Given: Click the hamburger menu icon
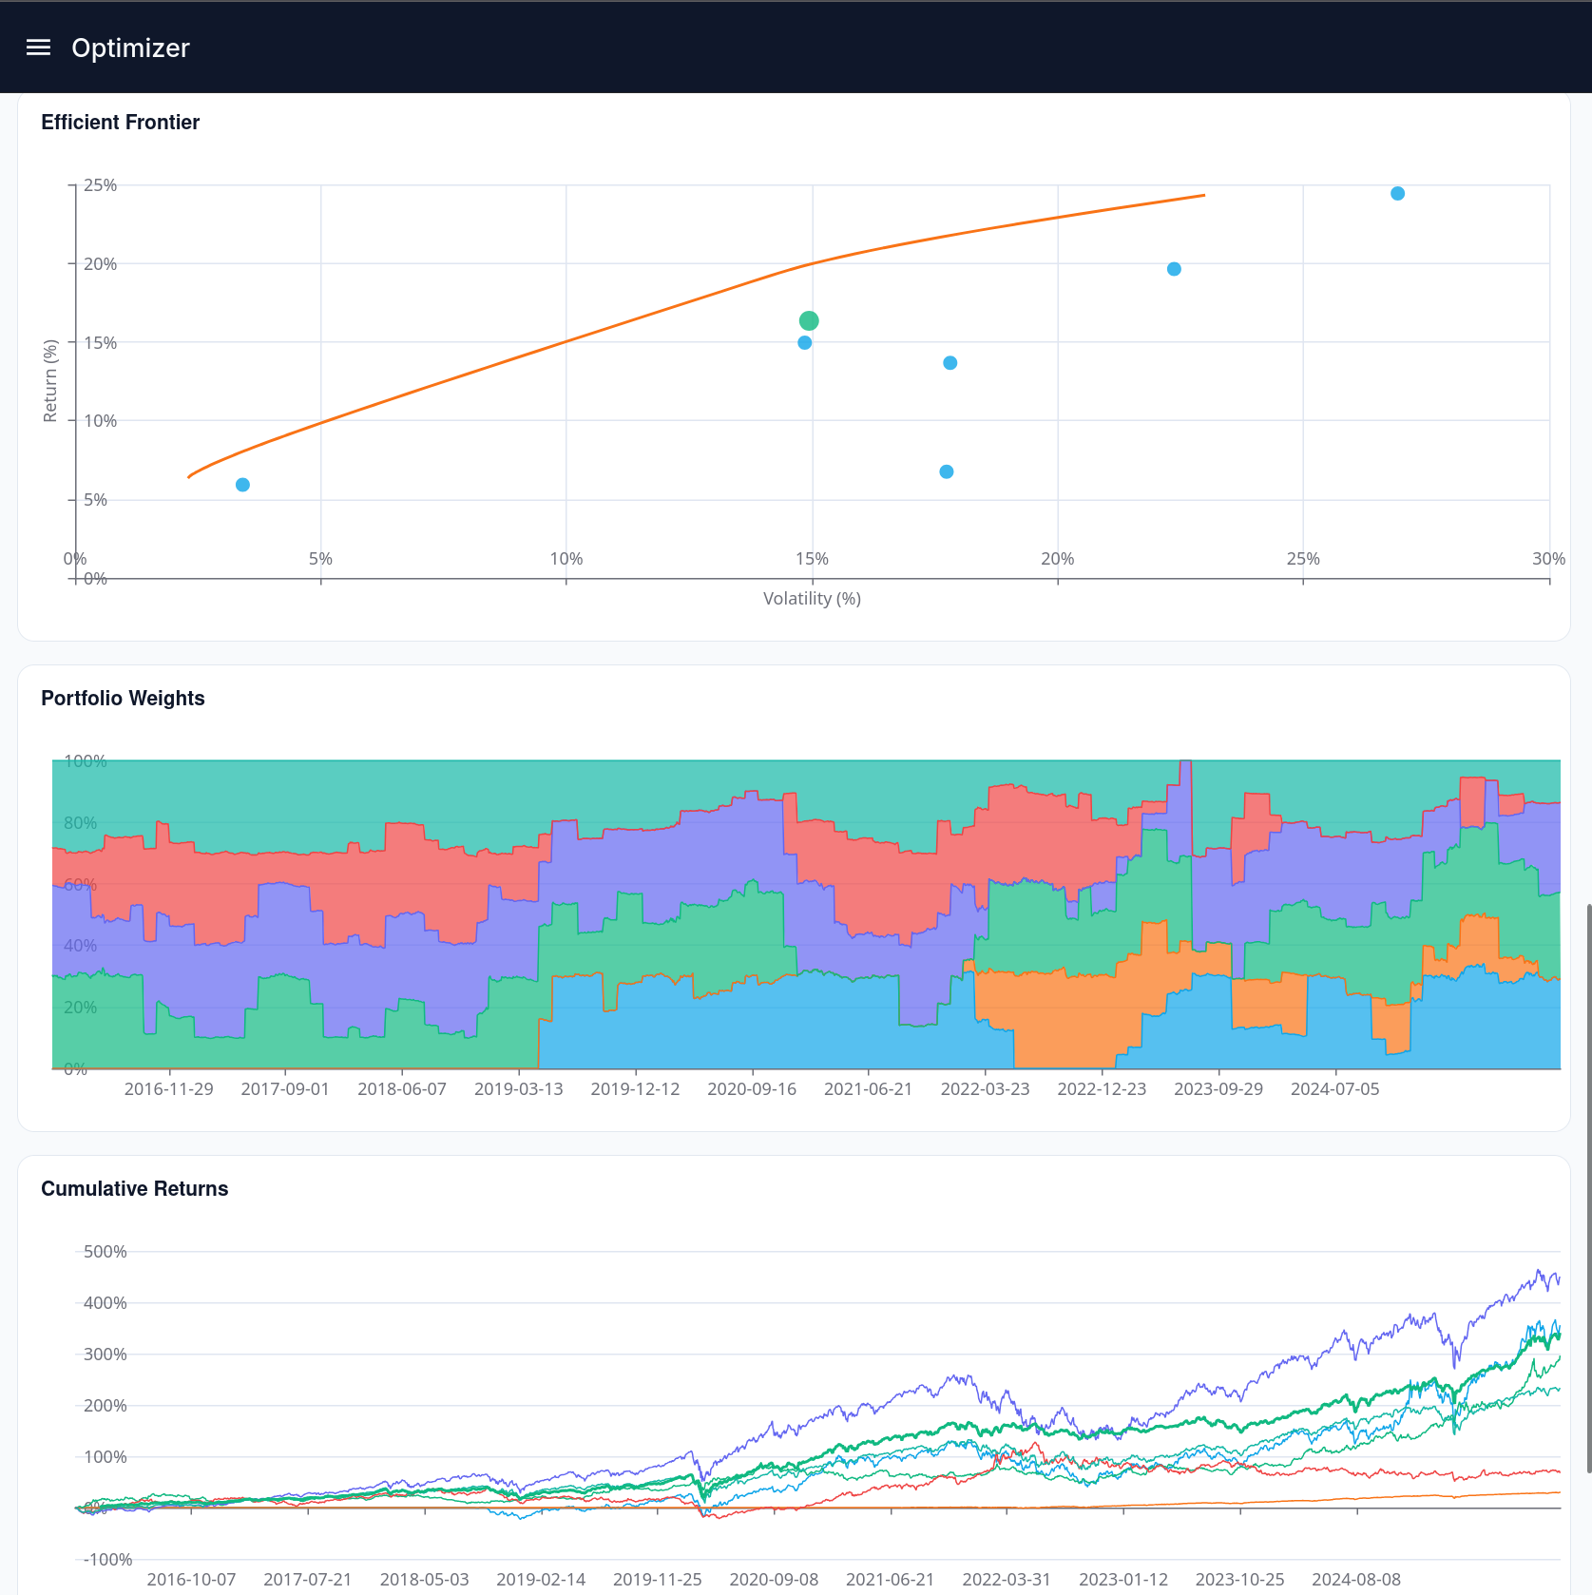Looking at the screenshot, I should point(38,48).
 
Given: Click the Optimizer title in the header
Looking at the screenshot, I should point(130,48).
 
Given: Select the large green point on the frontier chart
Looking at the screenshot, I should point(809,320).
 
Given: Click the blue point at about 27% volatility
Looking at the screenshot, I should point(1397,194).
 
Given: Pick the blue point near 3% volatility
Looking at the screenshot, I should point(242,485).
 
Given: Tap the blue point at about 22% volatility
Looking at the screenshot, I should point(1174,269).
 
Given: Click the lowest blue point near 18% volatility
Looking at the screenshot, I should point(947,471).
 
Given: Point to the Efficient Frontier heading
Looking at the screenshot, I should point(120,123).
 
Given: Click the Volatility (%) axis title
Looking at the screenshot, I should point(812,599).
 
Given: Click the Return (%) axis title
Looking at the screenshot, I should point(50,380).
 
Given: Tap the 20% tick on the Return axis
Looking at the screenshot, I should point(100,264).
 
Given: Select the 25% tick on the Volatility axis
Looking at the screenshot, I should point(1303,559).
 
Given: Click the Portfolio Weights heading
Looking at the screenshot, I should point(123,699).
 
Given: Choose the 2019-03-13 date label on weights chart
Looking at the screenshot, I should point(518,1089).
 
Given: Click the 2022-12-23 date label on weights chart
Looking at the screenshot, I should point(1102,1089).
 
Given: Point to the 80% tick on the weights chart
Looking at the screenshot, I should point(80,823).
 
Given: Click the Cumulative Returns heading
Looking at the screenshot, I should point(134,1189).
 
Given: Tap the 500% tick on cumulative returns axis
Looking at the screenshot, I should point(105,1252).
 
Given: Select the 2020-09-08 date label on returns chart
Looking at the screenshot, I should point(774,1580).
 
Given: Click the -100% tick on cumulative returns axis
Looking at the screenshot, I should point(107,1560).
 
